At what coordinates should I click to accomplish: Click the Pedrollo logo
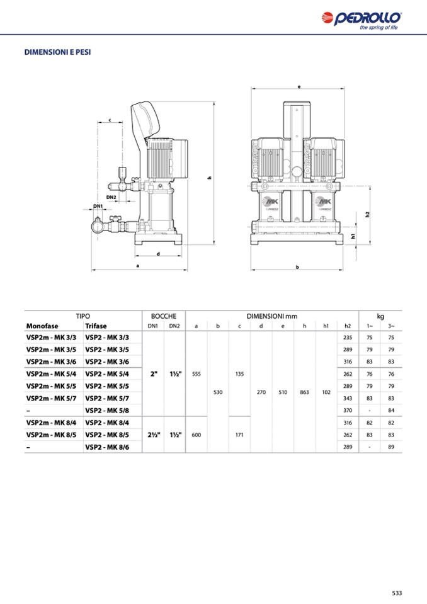(362, 21)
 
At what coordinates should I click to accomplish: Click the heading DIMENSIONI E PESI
(58, 52)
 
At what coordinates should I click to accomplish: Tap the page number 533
(397, 593)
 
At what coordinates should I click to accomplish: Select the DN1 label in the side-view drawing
(98, 206)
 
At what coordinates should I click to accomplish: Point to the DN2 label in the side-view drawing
(111, 197)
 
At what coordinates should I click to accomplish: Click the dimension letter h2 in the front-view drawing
(368, 214)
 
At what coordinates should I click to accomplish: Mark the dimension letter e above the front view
(299, 87)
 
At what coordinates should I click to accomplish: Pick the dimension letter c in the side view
(110, 120)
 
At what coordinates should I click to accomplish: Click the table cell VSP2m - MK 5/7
(51, 398)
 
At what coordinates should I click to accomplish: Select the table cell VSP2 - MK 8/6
(107, 447)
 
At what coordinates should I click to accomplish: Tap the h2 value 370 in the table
(348, 410)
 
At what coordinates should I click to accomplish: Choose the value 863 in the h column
(305, 392)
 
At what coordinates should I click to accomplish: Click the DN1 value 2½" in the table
(154, 435)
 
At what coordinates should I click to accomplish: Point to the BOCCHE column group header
(164, 316)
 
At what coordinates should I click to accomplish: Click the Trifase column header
(96, 326)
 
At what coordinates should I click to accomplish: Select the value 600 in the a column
(196, 435)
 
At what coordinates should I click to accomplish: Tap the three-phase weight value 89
(391, 447)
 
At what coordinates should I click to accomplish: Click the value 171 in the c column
(239, 435)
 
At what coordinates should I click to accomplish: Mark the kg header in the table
(380, 316)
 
